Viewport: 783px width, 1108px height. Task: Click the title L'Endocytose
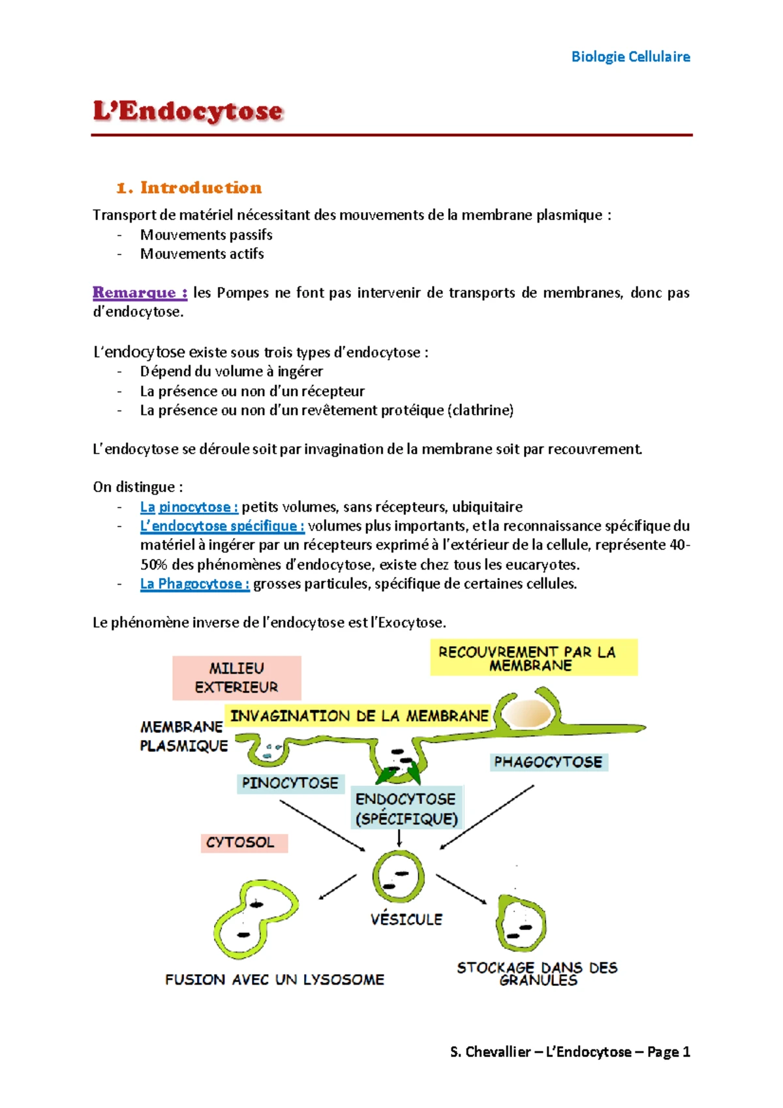pos(188,111)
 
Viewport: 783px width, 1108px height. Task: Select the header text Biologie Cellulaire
pos(630,57)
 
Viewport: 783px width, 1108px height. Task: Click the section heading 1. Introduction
pos(189,188)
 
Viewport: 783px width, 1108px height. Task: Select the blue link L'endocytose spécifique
pos(222,526)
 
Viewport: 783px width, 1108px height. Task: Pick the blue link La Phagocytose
pos(194,584)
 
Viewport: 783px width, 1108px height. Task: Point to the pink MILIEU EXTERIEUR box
pos(236,677)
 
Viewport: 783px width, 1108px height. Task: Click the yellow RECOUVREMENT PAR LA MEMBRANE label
pos(533,658)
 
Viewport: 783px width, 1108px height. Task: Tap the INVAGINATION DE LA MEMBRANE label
pos(359,716)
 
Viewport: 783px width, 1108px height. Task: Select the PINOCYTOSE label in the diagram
pos(290,783)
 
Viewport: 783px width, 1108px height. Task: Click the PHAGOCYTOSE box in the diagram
pos(548,762)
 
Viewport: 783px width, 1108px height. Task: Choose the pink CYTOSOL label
pos(241,842)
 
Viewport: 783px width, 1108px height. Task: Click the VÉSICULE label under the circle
pos(406,919)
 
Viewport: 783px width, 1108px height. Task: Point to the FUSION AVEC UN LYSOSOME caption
pos(275,979)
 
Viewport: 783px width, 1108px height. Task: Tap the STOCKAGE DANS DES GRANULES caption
pos(537,973)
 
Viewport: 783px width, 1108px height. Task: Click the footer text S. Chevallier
pos(490,1052)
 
